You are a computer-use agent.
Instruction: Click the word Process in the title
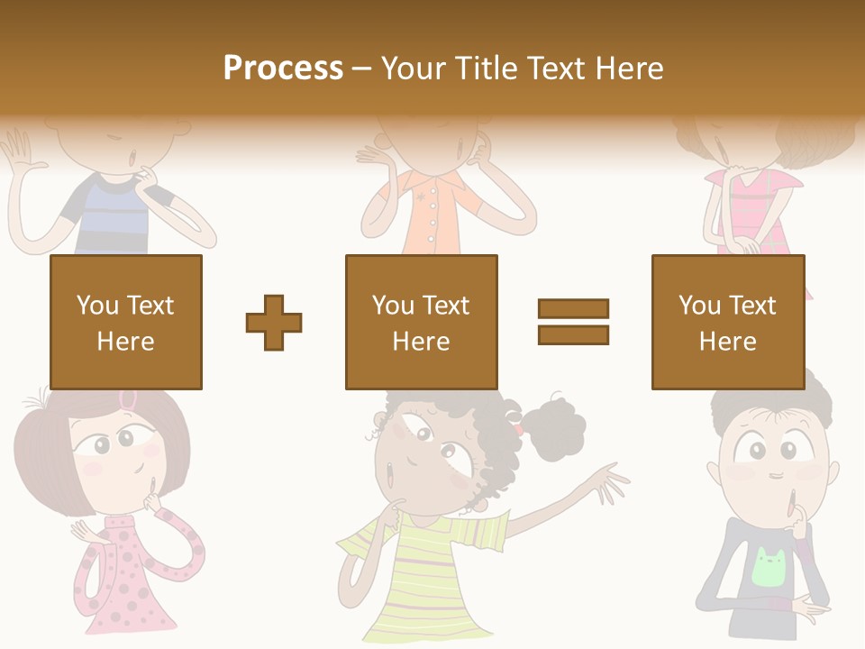(x=283, y=68)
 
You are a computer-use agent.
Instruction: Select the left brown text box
(x=126, y=322)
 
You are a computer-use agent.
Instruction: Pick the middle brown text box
(x=421, y=322)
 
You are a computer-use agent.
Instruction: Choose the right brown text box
(x=728, y=322)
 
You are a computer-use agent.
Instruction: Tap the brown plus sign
(x=274, y=322)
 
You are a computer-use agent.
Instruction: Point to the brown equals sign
(x=574, y=322)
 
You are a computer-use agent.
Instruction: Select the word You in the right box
(x=699, y=306)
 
